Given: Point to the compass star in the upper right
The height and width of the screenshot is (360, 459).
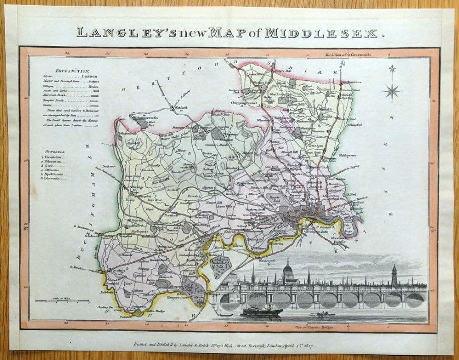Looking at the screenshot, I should click(x=392, y=90).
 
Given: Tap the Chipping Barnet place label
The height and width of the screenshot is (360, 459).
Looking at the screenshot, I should click(x=242, y=103).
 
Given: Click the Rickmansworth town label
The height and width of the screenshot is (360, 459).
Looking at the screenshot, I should click(x=139, y=118).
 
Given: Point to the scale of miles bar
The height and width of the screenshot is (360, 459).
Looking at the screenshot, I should click(x=63, y=301).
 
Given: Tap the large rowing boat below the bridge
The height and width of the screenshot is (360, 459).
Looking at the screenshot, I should click(x=262, y=311).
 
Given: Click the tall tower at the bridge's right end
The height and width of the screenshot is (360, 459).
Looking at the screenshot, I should click(x=394, y=275).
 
